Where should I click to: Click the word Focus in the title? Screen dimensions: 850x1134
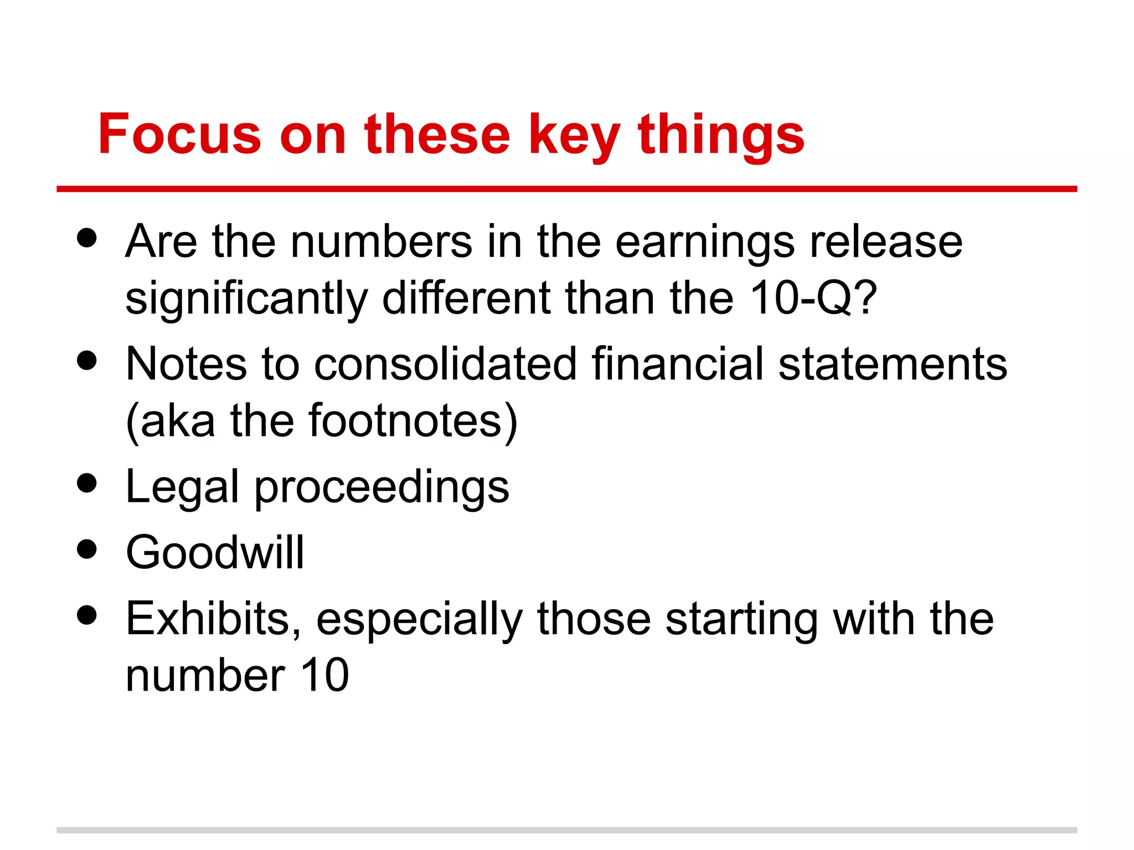tap(179, 134)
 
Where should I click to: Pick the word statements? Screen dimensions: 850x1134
tap(893, 365)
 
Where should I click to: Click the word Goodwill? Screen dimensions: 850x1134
tap(215, 552)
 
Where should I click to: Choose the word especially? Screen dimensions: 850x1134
tap(419, 620)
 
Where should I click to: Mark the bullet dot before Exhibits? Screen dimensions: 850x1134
tap(87, 615)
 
